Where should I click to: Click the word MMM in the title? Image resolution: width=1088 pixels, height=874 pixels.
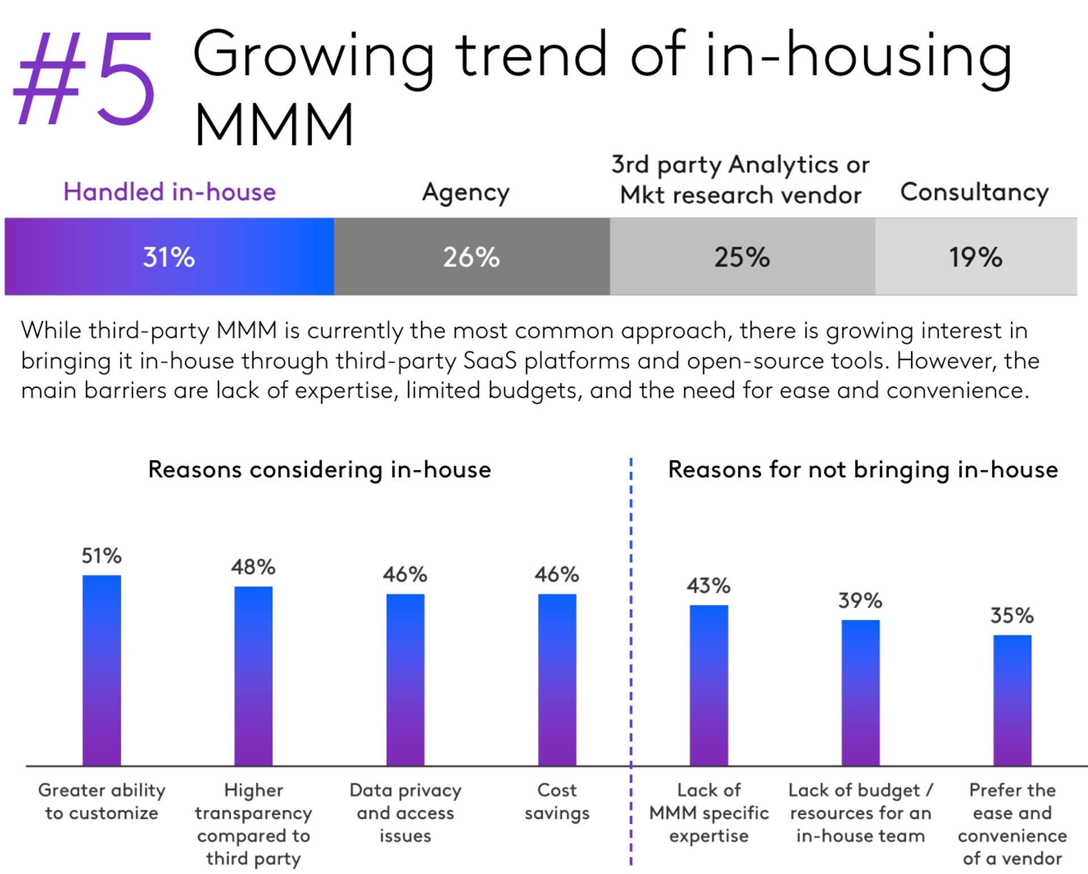click(x=274, y=124)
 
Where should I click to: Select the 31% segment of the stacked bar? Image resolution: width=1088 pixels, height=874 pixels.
click(x=169, y=257)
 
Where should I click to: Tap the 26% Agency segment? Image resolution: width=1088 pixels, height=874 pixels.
click(x=471, y=257)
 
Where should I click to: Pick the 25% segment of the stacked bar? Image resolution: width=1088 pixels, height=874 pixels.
click(x=742, y=257)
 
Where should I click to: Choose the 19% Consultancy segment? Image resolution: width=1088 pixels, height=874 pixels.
click(x=976, y=257)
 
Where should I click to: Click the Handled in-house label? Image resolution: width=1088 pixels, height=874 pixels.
click(x=169, y=192)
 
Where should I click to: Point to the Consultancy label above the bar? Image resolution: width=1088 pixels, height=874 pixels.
click(x=974, y=192)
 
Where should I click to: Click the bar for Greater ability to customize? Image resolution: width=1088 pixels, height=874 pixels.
click(x=102, y=670)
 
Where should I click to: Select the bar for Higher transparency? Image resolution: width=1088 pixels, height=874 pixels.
click(x=254, y=675)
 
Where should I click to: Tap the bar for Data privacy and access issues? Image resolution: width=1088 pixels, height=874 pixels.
click(x=406, y=679)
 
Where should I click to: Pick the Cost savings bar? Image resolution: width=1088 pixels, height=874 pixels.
click(x=557, y=679)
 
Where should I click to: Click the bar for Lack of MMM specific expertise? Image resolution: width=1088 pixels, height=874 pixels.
click(x=709, y=685)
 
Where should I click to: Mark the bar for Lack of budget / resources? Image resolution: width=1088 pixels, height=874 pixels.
click(x=861, y=692)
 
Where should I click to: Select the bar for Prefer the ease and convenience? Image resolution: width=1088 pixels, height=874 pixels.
click(x=1013, y=700)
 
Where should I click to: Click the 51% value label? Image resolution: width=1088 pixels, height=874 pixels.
click(x=102, y=556)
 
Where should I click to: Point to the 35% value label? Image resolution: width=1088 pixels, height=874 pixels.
click(x=1013, y=615)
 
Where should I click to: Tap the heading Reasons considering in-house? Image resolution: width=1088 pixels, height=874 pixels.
click(x=319, y=470)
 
